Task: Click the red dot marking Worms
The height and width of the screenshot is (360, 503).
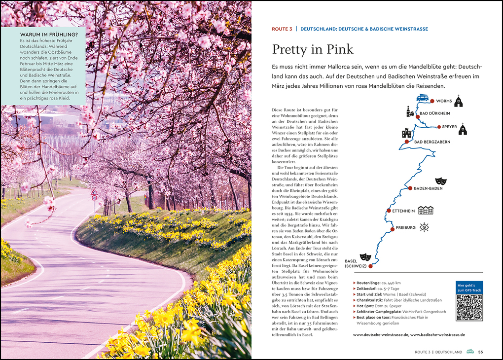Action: click(x=432, y=101)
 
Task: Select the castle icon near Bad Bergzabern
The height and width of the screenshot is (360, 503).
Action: click(x=407, y=133)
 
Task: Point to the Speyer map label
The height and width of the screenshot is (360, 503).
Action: click(x=449, y=127)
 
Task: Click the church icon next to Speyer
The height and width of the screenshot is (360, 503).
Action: click(x=463, y=130)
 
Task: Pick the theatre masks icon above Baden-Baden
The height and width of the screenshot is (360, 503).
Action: click(x=440, y=181)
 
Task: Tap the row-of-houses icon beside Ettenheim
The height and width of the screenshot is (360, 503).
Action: click(x=426, y=210)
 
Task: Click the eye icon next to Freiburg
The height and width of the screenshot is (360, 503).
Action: click(x=424, y=227)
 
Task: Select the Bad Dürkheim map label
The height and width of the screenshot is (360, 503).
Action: click(x=435, y=113)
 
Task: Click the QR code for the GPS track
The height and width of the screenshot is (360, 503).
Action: click(x=469, y=308)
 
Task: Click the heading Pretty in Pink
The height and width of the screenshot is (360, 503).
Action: click(x=313, y=49)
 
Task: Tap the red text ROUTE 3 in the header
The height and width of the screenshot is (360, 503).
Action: click(x=282, y=29)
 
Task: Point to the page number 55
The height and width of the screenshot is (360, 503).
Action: click(x=480, y=352)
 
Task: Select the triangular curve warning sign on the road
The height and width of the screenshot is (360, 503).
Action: click(x=94, y=192)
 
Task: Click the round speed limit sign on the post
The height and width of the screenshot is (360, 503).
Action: click(x=94, y=197)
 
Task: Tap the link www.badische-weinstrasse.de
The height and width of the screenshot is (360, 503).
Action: click(x=437, y=334)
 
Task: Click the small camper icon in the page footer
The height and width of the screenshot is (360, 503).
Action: click(x=470, y=352)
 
